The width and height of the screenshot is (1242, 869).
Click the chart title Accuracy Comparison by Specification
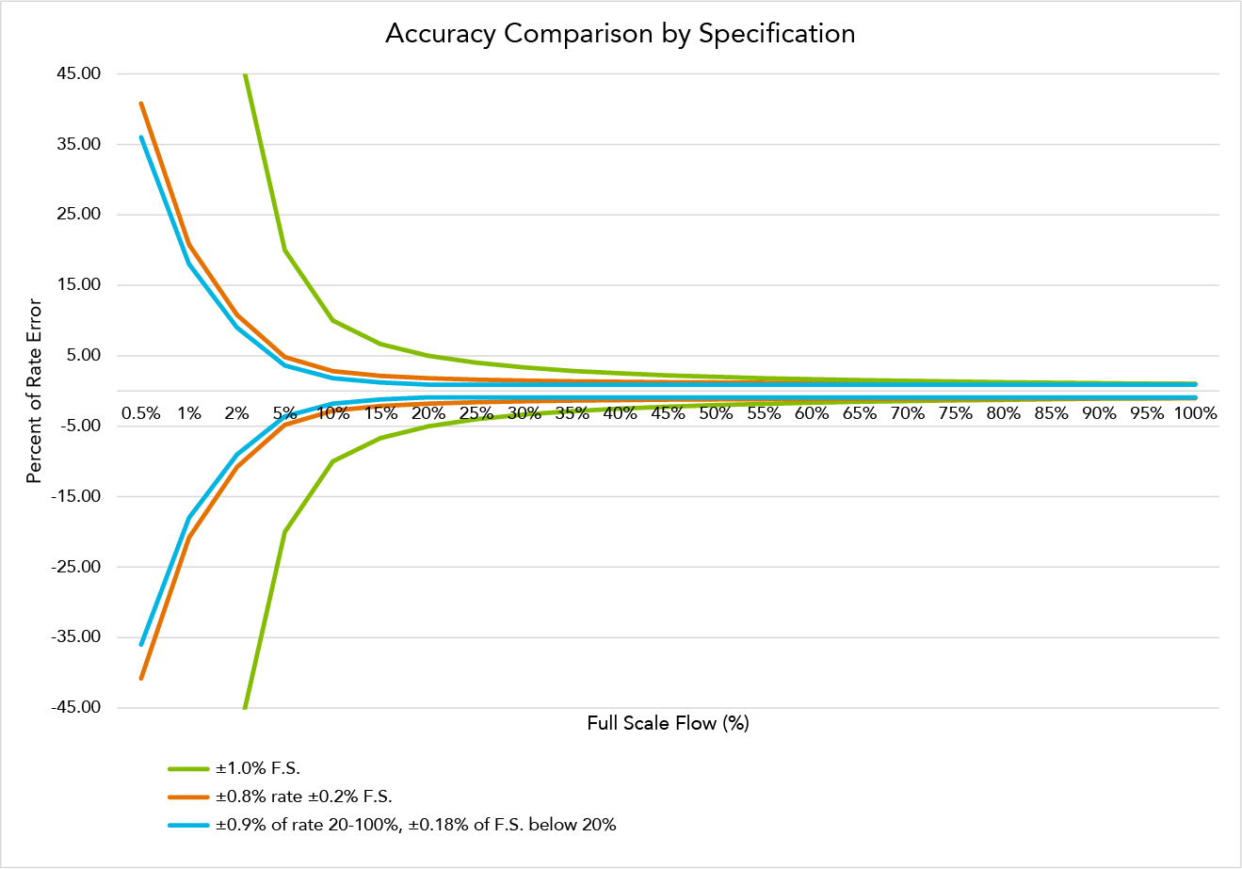tap(620, 34)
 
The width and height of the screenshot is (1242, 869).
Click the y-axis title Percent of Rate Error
tap(34, 391)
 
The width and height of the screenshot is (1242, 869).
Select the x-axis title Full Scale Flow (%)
tap(668, 723)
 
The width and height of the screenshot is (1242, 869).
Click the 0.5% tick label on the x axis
tap(141, 413)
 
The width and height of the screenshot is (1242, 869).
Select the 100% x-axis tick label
tap(1195, 413)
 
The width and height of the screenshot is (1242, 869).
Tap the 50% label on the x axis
tap(716, 413)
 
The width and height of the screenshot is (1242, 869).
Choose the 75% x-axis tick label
tap(955, 413)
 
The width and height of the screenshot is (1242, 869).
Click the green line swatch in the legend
tap(188, 769)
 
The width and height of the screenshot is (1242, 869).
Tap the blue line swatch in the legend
tap(188, 826)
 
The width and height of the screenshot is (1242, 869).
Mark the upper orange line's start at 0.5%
tap(141, 104)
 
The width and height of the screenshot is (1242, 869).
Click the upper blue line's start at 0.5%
tap(141, 137)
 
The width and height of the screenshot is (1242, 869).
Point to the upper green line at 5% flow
tap(284, 249)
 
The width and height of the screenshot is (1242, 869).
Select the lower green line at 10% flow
tap(332, 461)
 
